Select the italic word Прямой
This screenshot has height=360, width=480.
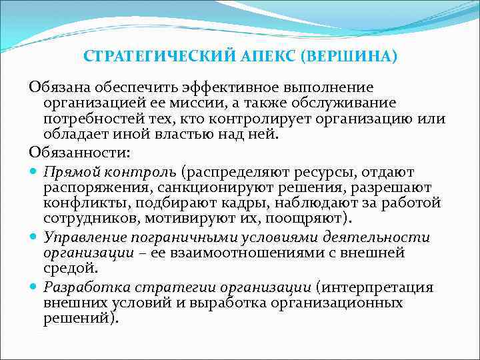[67, 172]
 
